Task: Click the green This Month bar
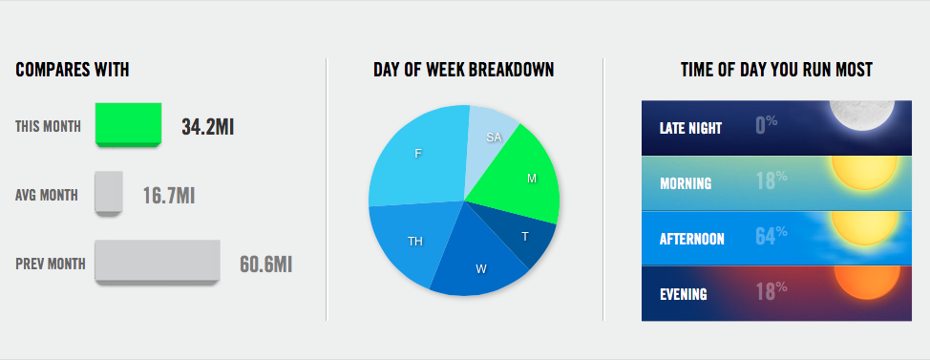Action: click(128, 124)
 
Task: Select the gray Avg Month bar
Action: click(109, 193)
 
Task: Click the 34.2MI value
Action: click(207, 127)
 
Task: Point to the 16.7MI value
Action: click(169, 196)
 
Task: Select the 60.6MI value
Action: click(265, 265)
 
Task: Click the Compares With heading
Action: click(73, 70)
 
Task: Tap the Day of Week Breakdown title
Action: click(464, 70)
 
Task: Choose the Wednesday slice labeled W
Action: click(481, 261)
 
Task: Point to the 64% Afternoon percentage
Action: click(771, 236)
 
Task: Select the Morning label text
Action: click(686, 183)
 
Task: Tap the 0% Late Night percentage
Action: click(767, 124)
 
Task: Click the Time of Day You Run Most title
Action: click(776, 70)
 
